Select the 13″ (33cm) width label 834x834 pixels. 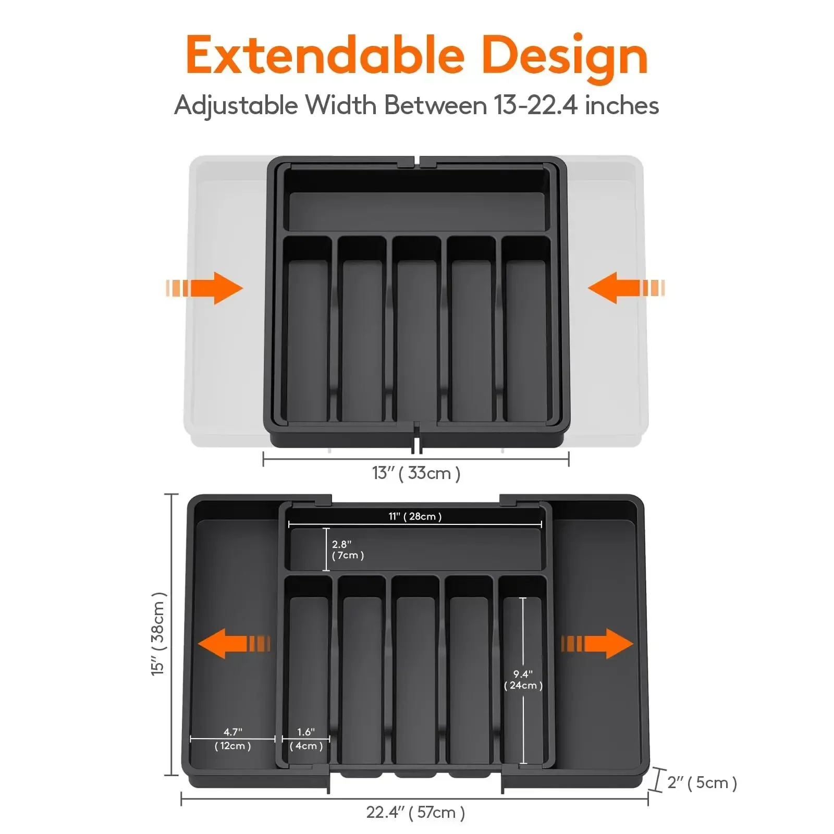click(x=415, y=473)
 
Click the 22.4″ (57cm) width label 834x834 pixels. click(x=415, y=812)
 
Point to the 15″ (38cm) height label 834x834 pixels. click(x=158, y=634)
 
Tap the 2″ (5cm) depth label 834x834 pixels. click(x=702, y=782)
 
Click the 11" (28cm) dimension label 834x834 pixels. click(x=415, y=516)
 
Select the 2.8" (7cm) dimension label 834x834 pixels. click(x=348, y=550)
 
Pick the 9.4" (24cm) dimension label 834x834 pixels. click(x=523, y=680)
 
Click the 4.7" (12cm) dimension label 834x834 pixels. click(x=232, y=739)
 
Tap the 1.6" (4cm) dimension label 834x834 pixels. click(x=306, y=739)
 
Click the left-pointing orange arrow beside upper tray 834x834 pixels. click(x=625, y=288)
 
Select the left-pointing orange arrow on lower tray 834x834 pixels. click(x=234, y=643)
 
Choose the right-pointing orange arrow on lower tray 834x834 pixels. click(x=597, y=643)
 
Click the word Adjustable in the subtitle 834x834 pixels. click(x=236, y=106)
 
